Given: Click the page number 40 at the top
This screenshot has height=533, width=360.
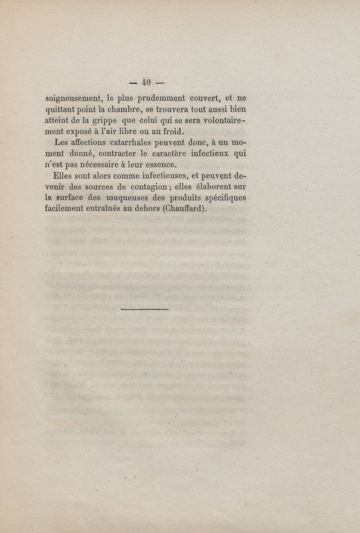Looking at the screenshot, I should (x=145, y=82).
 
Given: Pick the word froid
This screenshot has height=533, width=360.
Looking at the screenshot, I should (x=170, y=132).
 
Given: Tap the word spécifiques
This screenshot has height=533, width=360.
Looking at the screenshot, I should (x=225, y=197).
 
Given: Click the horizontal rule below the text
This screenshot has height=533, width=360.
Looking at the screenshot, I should (x=145, y=309).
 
